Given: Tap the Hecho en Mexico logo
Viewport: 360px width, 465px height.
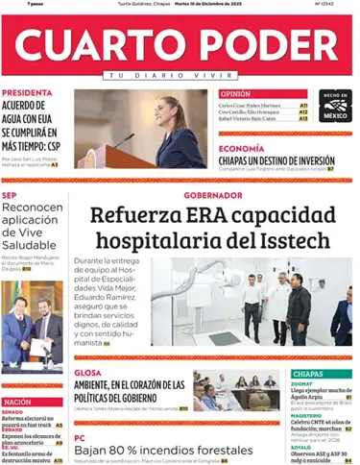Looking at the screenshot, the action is (335, 106).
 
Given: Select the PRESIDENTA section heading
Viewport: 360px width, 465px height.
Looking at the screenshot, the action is (27, 93).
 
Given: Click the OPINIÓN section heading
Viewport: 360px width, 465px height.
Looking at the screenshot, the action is (236, 94).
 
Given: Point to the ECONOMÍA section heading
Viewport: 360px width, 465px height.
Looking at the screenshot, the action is (242, 148).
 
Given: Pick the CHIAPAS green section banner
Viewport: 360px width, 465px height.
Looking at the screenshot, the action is (322, 373).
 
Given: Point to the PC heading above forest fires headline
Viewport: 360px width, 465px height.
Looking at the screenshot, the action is (81, 437).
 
